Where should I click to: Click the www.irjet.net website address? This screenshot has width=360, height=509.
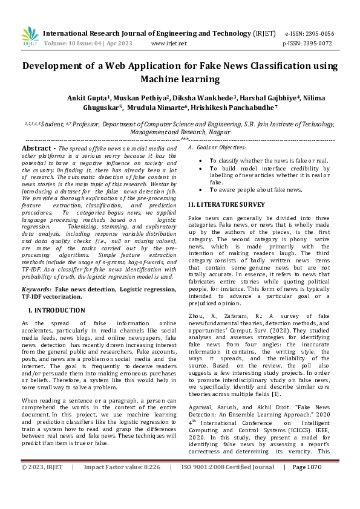click(x=169, y=44)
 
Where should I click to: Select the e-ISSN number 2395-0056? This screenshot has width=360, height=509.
click(x=319, y=34)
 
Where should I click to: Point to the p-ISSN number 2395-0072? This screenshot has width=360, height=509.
click(x=319, y=44)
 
